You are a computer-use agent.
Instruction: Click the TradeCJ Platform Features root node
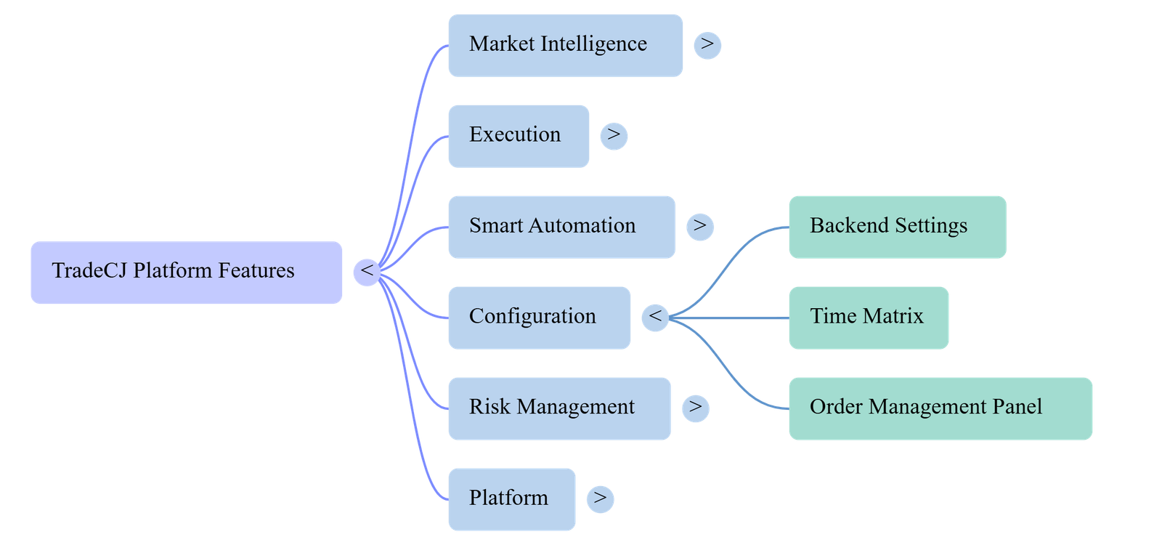click(186, 272)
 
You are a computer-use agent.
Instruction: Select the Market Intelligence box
click(566, 46)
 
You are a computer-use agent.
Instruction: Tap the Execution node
click(519, 136)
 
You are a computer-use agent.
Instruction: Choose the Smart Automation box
click(562, 227)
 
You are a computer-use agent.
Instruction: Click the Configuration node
click(540, 318)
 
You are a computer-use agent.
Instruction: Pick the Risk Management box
click(560, 408)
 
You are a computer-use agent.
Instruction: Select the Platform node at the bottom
click(512, 499)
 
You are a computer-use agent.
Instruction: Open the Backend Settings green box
click(898, 227)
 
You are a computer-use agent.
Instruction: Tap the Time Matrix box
click(869, 318)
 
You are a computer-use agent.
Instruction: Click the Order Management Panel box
click(940, 408)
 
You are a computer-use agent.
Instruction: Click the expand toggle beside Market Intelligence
click(707, 45)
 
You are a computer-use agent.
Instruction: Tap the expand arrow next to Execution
click(614, 136)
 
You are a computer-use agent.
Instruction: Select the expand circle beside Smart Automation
click(700, 227)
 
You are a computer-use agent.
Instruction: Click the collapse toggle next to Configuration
click(655, 318)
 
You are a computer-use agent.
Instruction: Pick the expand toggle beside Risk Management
click(696, 408)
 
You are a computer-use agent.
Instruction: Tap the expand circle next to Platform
click(600, 499)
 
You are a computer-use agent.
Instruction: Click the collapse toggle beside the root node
click(367, 272)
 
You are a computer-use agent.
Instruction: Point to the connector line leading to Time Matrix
click(729, 318)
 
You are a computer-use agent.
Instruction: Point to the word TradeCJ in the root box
click(89, 270)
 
